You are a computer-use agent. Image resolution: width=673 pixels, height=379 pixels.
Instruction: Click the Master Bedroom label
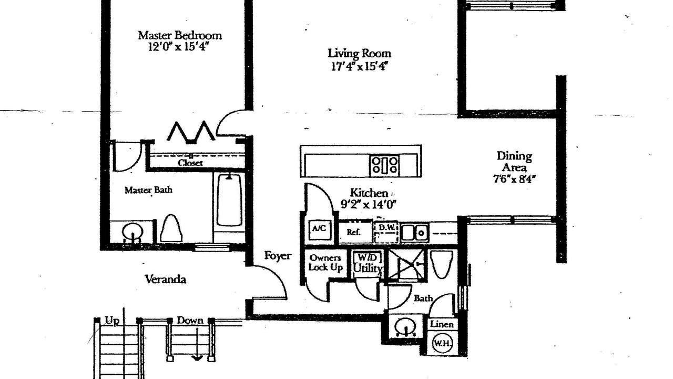pyautogui.click(x=180, y=35)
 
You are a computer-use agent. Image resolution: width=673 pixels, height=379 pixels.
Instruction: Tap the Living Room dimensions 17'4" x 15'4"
pyautogui.click(x=359, y=66)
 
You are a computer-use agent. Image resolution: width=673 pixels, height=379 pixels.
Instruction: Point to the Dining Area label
pyautogui.click(x=514, y=162)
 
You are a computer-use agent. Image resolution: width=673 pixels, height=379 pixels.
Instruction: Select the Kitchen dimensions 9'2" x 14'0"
pyautogui.click(x=369, y=205)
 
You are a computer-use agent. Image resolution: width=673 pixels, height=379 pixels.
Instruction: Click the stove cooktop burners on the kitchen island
pyautogui.click(x=384, y=165)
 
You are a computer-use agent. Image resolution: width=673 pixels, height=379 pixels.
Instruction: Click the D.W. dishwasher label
pyautogui.click(x=386, y=228)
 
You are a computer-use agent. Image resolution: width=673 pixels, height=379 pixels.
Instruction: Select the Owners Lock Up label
pyautogui.click(x=325, y=263)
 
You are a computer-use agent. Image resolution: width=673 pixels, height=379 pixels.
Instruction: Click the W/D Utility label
pyautogui.click(x=368, y=263)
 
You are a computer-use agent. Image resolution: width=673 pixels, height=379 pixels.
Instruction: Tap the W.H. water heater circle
pyautogui.click(x=442, y=343)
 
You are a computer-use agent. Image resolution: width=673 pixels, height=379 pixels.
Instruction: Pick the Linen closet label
pyautogui.click(x=442, y=324)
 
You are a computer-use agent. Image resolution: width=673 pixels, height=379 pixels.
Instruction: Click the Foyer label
pyautogui.click(x=278, y=256)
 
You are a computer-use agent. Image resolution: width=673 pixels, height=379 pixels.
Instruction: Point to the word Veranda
pyautogui.click(x=166, y=280)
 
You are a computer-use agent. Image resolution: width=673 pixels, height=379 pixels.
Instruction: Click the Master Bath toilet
pyautogui.click(x=171, y=228)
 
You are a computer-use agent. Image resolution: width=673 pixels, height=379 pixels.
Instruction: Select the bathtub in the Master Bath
pyautogui.click(x=229, y=201)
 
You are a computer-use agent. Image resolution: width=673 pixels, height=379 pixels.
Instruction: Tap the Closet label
pyautogui.click(x=190, y=163)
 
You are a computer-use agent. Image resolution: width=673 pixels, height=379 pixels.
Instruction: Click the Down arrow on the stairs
pyautogui.click(x=197, y=344)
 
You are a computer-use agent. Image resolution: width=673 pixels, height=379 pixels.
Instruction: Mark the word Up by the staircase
pyautogui.click(x=112, y=321)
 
